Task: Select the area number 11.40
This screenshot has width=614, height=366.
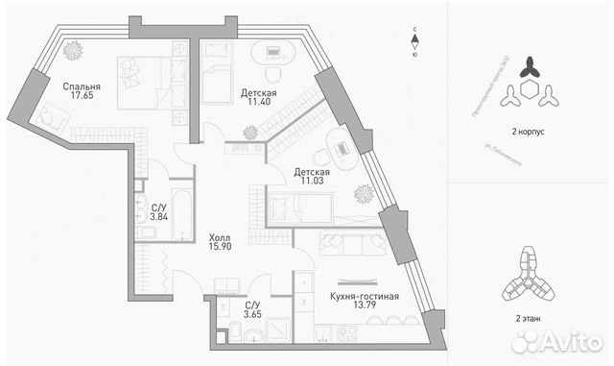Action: tap(256, 104)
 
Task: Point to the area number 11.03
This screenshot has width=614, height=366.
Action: tap(311, 183)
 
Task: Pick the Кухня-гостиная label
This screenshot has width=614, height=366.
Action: tap(364, 296)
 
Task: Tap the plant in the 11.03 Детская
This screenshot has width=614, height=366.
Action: tap(364, 194)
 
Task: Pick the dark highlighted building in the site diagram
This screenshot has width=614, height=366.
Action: tap(530, 68)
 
